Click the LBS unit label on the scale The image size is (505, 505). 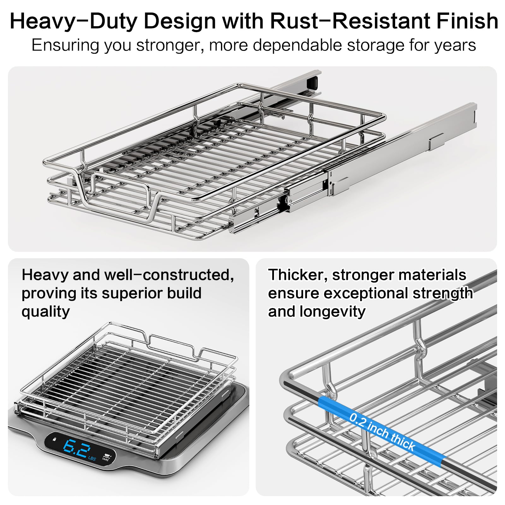click(92, 458)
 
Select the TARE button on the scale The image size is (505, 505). click(106, 458)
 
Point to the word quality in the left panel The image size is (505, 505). click(46, 312)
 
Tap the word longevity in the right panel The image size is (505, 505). click(332, 312)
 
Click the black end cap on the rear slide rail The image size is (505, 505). click(312, 82)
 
